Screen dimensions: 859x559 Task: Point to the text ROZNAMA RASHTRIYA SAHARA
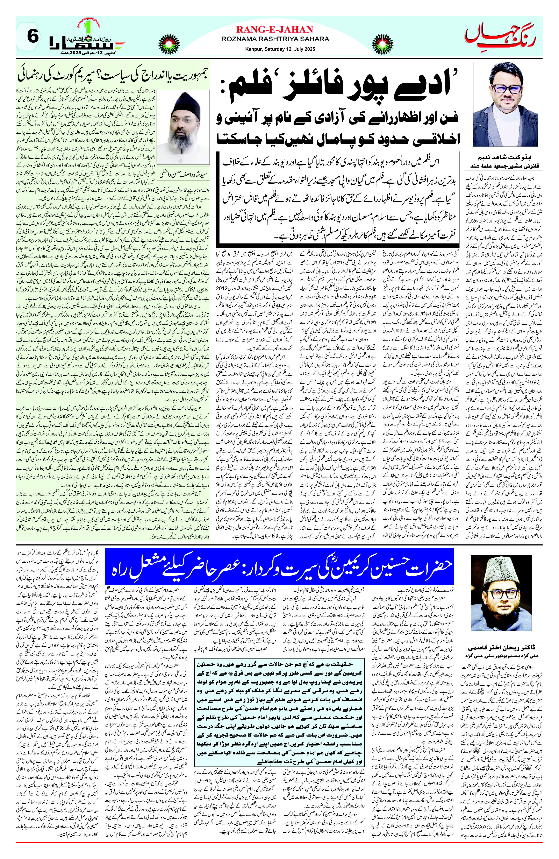(275, 39)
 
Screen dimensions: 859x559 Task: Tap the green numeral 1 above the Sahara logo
(87, 27)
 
